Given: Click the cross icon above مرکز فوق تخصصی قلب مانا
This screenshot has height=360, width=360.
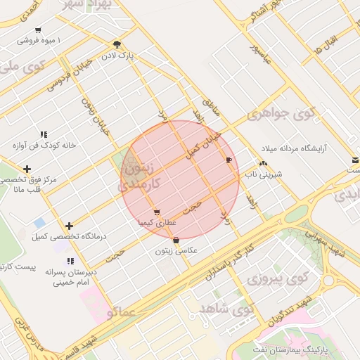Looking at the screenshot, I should (27, 169).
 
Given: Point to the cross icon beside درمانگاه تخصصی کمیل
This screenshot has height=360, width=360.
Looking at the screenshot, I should (69, 226).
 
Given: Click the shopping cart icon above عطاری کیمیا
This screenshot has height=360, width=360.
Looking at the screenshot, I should (156, 212).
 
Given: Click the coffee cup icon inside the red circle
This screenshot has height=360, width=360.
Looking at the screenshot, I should (228, 160).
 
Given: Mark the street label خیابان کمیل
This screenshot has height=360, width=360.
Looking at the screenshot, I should (203, 144).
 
